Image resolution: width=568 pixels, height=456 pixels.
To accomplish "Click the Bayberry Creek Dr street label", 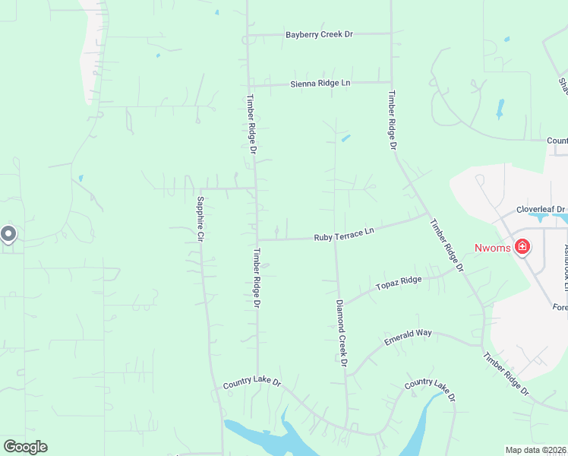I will click(320, 35).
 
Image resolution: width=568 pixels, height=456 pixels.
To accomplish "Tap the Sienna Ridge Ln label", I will click(320, 83).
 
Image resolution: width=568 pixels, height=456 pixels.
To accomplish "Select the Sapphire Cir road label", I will click(201, 219).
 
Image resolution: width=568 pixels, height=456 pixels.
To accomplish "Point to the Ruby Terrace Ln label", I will click(344, 234).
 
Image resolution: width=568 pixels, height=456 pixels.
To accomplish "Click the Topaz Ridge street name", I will click(398, 283).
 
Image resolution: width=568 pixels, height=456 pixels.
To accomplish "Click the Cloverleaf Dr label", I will click(541, 209).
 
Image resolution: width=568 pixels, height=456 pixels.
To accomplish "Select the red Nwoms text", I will click(493, 248).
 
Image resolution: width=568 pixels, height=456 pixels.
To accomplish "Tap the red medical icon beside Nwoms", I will click(522, 247).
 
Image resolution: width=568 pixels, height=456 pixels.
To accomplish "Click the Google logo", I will click(25, 446).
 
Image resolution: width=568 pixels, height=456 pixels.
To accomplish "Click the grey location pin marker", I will click(8, 234).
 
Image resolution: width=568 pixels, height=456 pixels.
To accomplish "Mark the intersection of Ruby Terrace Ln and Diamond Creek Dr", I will click(335, 238).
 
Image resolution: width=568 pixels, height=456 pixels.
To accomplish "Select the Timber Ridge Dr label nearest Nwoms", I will click(447, 245).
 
